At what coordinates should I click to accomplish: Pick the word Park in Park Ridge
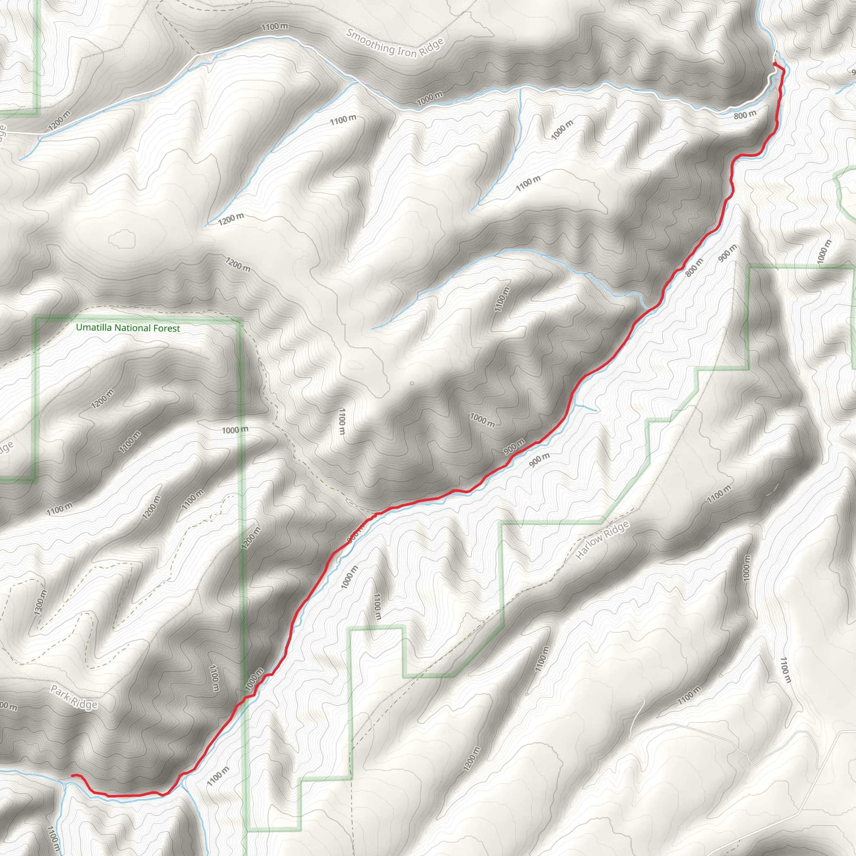coord(60,693)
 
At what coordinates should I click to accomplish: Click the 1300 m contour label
coord(40,603)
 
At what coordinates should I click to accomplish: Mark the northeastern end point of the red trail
coord(774,64)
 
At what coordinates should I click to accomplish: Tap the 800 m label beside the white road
coord(745,115)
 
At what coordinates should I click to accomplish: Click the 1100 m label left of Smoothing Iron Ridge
coord(274,27)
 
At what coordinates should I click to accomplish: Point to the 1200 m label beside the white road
coord(59,120)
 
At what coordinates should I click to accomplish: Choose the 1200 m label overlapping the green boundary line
coord(251,538)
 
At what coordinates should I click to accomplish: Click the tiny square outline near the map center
coord(412,383)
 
